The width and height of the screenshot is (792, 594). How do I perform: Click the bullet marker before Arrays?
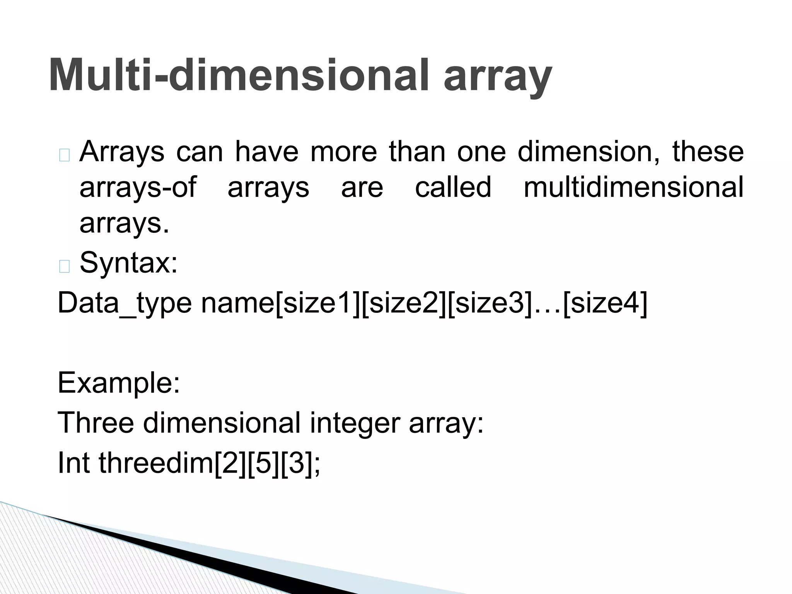(x=65, y=155)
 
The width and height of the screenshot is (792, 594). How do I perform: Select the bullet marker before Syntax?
(x=65, y=266)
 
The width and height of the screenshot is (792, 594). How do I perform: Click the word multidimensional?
(x=633, y=187)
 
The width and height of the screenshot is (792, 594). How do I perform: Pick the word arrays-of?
(x=138, y=187)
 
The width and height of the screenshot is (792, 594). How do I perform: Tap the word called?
(x=453, y=187)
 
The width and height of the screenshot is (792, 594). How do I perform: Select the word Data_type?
(x=124, y=303)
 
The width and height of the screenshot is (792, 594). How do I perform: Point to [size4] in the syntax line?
(x=605, y=303)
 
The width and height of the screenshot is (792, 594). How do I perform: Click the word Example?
(x=119, y=382)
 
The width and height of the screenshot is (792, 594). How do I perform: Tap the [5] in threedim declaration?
(x=263, y=463)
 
